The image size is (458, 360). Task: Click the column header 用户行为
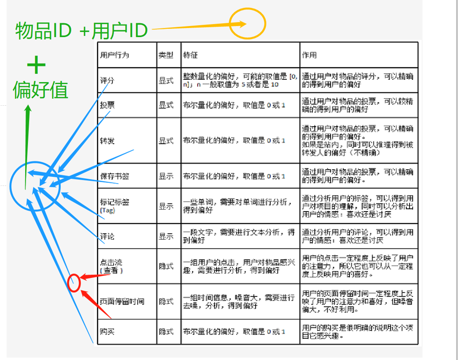pos(114,55)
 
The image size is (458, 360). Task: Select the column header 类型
pos(166,55)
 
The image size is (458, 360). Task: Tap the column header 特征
pos(190,55)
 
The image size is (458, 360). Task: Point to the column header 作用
pos(309,55)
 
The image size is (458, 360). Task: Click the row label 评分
pos(107,81)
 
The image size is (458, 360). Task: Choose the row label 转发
pos(107,141)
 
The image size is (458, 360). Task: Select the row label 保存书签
pos(114,176)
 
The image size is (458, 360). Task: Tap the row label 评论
pos(107,236)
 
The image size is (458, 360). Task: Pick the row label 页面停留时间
pos(122,301)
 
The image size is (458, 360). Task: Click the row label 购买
pos(107,332)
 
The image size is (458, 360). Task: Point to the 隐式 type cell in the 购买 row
pos(166,332)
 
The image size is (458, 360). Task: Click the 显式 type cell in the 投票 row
pos(166,105)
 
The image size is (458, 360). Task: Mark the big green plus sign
pos(37,65)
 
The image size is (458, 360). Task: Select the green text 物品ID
pos(44,31)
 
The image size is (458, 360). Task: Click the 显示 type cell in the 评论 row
pos(166,236)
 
